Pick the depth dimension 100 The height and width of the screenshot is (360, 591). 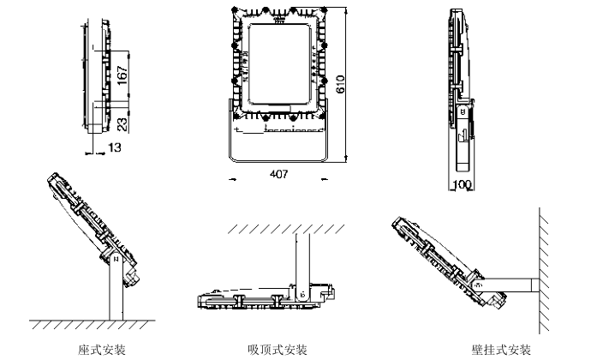pyautogui.click(x=463, y=184)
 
